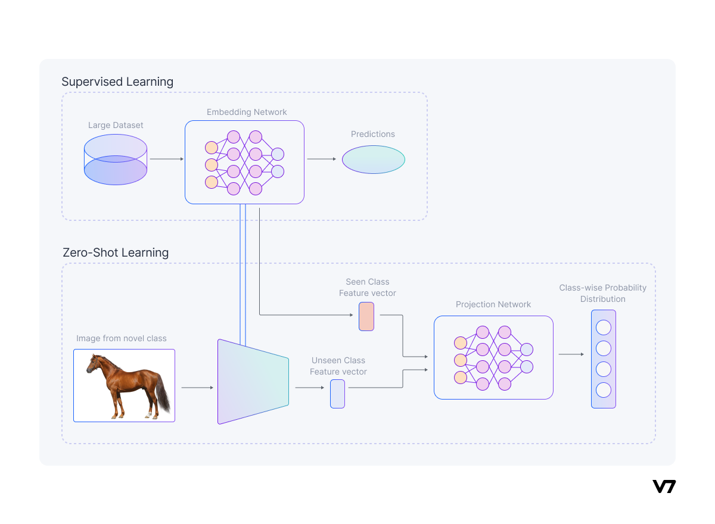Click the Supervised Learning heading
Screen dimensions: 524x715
[x=117, y=82]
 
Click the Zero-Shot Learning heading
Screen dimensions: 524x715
[x=116, y=252]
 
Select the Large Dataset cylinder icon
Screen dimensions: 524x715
[x=116, y=159]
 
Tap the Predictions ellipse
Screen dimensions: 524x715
[x=374, y=159]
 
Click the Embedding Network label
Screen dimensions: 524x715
[x=247, y=112]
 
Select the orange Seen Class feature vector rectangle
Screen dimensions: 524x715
[x=366, y=316]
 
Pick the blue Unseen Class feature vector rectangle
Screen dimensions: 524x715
[x=337, y=394]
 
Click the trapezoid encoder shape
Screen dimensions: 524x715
[x=253, y=382]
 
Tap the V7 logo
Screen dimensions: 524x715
[x=664, y=486]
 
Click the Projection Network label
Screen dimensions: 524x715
[x=493, y=304]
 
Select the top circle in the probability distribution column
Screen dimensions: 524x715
[x=604, y=327]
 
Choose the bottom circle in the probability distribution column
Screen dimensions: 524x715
[x=604, y=391]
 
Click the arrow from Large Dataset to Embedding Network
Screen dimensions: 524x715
[x=167, y=159]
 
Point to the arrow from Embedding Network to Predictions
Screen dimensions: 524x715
[x=322, y=159]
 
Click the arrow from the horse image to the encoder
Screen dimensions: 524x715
[x=197, y=388]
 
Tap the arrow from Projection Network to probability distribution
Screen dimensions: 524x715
[x=571, y=354]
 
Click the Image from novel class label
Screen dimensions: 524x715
[x=122, y=338]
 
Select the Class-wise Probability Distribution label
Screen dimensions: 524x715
[x=602, y=293]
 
